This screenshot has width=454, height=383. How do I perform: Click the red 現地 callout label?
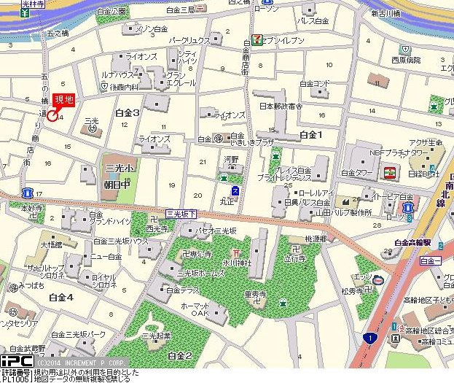[63, 100]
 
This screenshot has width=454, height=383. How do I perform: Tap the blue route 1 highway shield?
[372, 338]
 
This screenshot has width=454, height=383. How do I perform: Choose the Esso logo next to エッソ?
[377, 280]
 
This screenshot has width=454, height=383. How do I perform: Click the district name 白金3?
[128, 112]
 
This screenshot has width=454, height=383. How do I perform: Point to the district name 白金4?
[61, 297]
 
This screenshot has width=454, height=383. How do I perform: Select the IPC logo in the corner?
[15, 361]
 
